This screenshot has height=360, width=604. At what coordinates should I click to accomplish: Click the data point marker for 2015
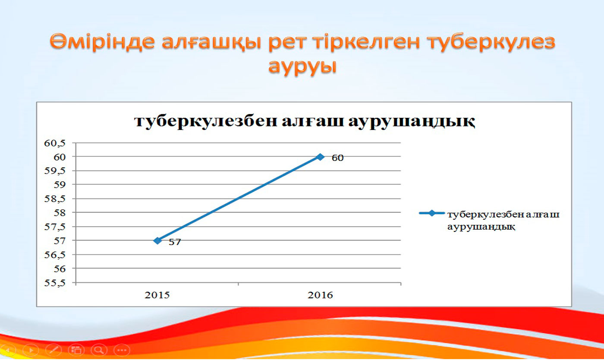pos(158,240)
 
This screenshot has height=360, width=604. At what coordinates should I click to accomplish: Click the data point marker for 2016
pos(320,157)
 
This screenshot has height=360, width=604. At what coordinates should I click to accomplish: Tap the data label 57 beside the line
pos(175,242)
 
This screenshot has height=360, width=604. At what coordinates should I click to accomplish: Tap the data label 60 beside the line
pos(337,158)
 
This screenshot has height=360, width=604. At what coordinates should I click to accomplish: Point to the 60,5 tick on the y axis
pos(55,143)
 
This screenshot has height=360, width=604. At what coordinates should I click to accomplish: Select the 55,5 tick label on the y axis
pos(55,283)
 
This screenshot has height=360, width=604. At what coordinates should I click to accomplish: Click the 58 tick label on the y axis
pos(60,213)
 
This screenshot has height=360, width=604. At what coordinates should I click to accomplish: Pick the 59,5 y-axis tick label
pos(55,171)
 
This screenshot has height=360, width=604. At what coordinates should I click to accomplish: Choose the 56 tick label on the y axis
pos(60,269)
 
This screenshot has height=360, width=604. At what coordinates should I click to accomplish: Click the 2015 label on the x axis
pos(157,295)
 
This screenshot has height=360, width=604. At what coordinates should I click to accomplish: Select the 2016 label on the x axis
pos(320,295)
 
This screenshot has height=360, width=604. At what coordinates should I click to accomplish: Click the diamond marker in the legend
pos(432,213)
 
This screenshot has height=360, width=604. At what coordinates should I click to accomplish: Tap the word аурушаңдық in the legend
pos(481,227)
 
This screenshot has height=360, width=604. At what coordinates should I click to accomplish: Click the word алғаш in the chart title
pos(313,121)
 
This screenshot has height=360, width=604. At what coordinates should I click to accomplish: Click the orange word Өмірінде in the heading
pos(102,41)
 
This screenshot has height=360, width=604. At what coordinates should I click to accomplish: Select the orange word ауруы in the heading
pos(302,66)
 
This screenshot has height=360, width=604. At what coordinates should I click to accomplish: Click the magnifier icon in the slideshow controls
pos(99,350)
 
